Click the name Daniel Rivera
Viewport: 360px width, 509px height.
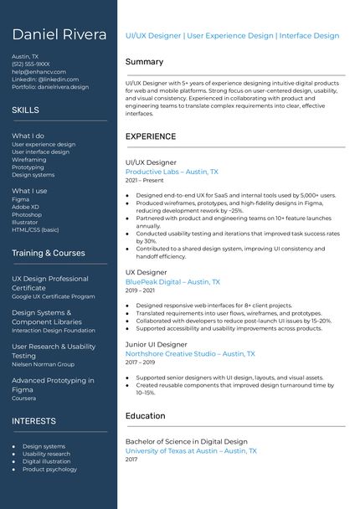pyautogui.click(x=59, y=35)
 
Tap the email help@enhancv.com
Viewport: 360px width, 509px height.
pyautogui.click(x=39, y=72)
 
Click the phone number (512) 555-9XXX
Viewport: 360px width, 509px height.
pyautogui.click(x=31, y=64)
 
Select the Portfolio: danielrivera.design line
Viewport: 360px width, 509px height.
pyautogui.click(x=50, y=87)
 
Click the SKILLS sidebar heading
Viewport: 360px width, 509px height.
pyautogui.click(x=25, y=111)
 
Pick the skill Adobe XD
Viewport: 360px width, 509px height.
pyautogui.click(x=26, y=208)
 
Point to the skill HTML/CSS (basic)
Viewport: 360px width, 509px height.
pyautogui.click(x=35, y=230)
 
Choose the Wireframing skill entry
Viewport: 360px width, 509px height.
pyautogui.click(x=29, y=160)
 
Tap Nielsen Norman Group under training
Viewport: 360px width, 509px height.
pyautogui.click(x=43, y=364)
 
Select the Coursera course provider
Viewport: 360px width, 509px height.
pyautogui.click(x=23, y=398)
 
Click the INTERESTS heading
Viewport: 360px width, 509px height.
pyautogui.click(x=33, y=421)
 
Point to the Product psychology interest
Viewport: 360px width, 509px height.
pyautogui.click(x=49, y=470)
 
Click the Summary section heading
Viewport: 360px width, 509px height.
pyautogui.click(x=144, y=62)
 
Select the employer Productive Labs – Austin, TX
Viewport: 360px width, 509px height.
pyautogui.click(x=172, y=172)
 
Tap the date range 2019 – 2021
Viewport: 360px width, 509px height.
pyautogui.click(x=141, y=290)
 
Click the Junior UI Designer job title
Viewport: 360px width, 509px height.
pyautogui.click(x=157, y=344)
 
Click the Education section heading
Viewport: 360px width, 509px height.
pyautogui.click(x=145, y=416)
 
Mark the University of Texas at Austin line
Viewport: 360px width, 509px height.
pyautogui.click(x=191, y=451)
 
